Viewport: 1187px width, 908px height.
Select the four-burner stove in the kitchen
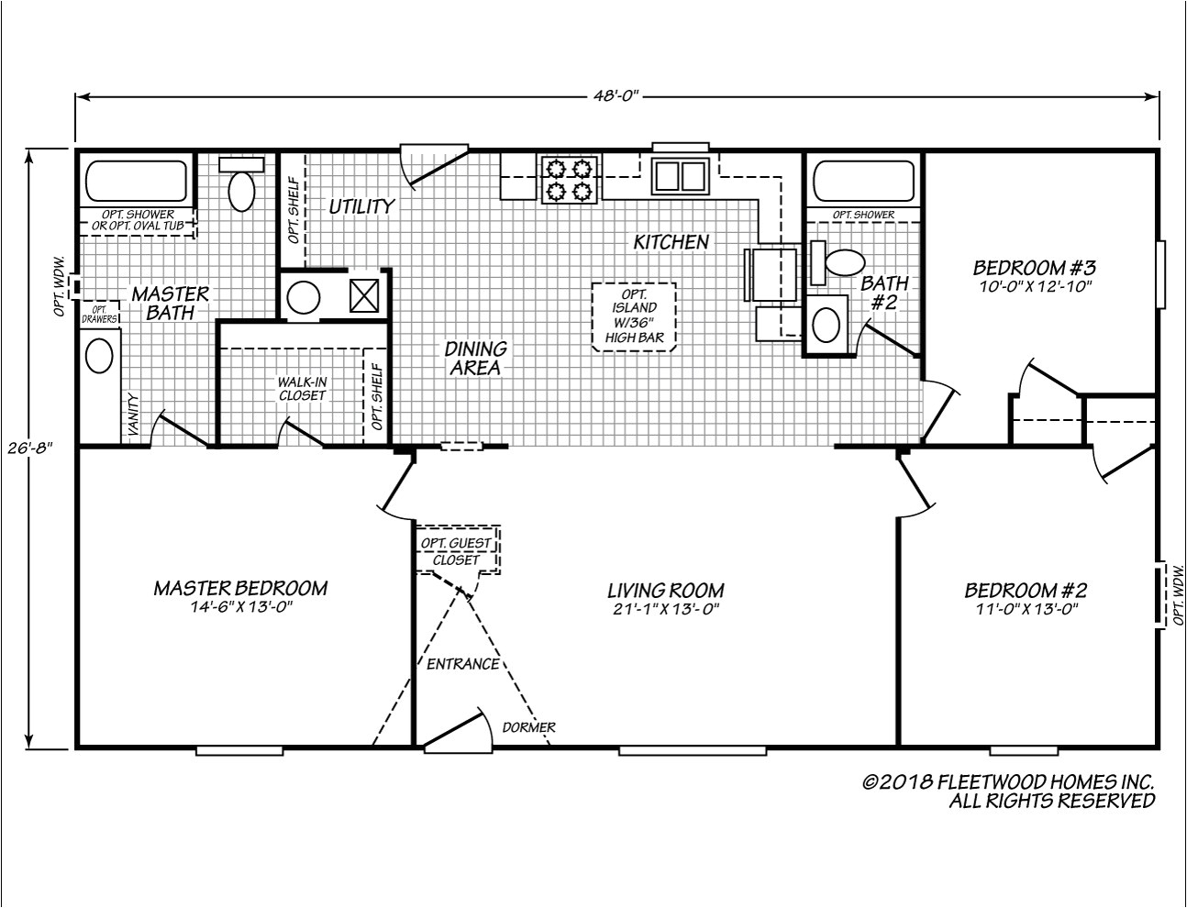pos(568,179)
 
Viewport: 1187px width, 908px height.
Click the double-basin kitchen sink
pos(679,174)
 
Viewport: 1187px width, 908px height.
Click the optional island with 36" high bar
pos(634,316)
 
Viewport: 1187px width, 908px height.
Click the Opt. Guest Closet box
pos(456,551)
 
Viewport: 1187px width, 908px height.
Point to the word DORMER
pos(528,728)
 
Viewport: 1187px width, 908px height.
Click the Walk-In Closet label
pos(302,389)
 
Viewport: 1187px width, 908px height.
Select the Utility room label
pos(361,206)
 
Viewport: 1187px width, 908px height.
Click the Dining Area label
pos(476,358)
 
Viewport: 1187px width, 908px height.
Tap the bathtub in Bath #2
pos(863,182)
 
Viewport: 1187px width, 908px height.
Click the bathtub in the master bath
pos(136,182)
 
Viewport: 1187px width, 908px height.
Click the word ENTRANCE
pos(462,664)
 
